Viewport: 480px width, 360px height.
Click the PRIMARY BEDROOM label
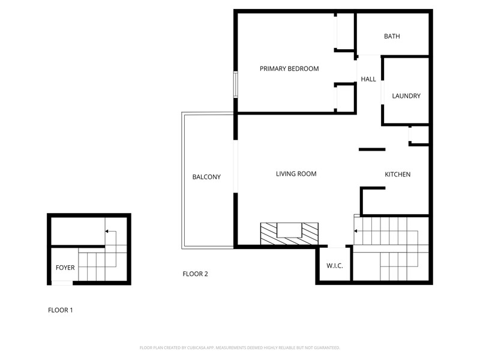click(x=289, y=68)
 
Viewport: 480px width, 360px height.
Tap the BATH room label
click(x=392, y=36)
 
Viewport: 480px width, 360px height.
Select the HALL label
click(x=368, y=79)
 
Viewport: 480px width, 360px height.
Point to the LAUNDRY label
click(x=406, y=96)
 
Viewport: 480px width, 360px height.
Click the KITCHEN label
click(x=397, y=174)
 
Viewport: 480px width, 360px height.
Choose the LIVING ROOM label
click(x=296, y=173)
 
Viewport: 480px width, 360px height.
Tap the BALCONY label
click(x=206, y=176)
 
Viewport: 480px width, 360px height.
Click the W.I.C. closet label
click(x=335, y=265)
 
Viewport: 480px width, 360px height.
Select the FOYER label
click(x=65, y=268)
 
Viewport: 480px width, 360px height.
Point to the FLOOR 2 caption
click(x=196, y=274)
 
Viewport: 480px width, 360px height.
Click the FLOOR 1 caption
click(x=61, y=310)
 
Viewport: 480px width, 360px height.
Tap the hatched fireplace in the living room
click(x=289, y=234)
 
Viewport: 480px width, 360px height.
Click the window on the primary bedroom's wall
click(x=235, y=85)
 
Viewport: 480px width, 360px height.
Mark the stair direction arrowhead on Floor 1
click(x=107, y=231)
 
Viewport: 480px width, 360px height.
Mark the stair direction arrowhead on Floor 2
click(x=355, y=231)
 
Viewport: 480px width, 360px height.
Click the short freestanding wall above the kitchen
click(x=372, y=149)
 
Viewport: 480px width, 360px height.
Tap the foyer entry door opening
click(x=62, y=283)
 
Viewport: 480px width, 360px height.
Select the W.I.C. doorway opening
click(x=337, y=246)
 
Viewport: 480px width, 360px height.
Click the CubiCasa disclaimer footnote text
click(x=239, y=348)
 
